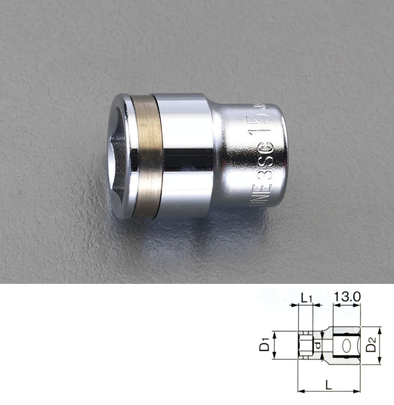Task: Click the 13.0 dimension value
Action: coord(347,297)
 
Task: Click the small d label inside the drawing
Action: coord(317,345)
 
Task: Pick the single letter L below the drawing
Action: coord(329,385)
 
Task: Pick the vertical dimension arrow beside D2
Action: coord(380,345)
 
